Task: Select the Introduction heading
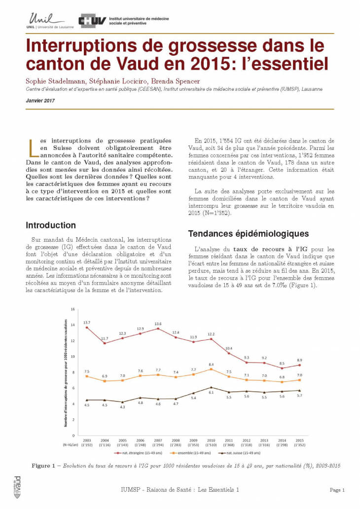tap(51, 225)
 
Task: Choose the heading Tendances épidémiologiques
tap(249, 233)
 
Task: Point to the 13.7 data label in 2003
tap(87, 322)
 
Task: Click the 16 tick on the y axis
tap(72, 309)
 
